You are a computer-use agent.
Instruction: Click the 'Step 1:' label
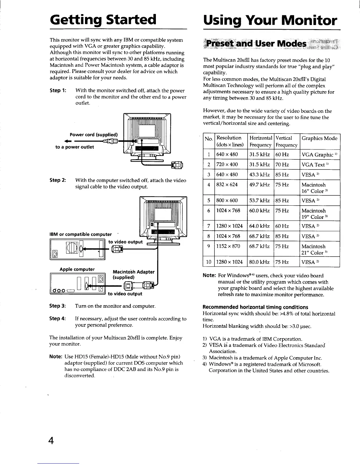point(58,91)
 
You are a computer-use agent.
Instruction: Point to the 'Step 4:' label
point(58,319)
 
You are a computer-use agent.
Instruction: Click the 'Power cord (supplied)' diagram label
point(94,135)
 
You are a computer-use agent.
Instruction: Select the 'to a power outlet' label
point(75,147)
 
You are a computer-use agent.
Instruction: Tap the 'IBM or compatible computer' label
point(81,234)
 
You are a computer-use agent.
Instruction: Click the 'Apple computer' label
point(77,269)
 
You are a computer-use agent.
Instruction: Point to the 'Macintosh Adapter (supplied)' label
point(134,274)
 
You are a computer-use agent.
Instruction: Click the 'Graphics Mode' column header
point(319,138)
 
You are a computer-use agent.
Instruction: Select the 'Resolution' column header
point(229,138)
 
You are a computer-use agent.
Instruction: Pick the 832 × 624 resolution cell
point(227,185)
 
